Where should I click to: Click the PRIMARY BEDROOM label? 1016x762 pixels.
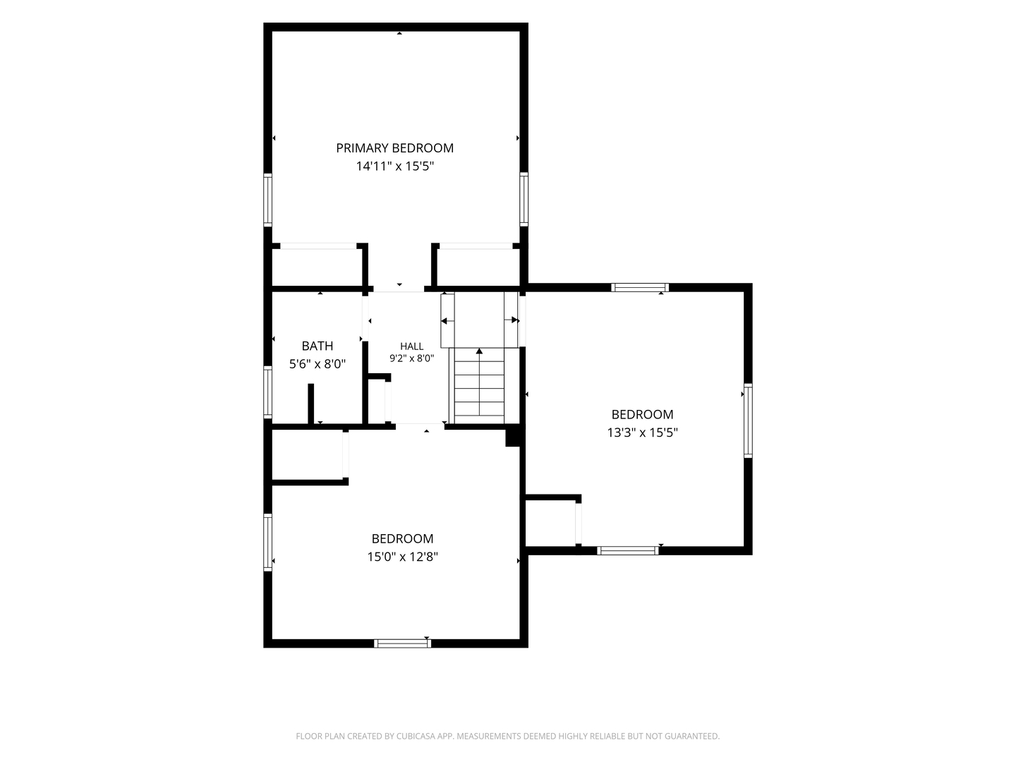(x=394, y=148)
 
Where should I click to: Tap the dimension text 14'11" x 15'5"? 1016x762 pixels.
(x=394, y=166)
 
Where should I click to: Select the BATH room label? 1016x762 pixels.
(x=317, y=346)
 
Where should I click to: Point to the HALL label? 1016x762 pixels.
(x=411, y=346)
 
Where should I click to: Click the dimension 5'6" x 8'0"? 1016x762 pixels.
(x=317, y=364)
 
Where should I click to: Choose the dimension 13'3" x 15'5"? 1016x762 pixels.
(x=642, y=432)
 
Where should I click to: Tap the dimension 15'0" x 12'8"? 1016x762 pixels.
(x=402, y=557)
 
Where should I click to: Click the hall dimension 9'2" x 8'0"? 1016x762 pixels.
(x=411, y=358)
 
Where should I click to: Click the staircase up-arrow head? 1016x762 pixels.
(x=479, y=351)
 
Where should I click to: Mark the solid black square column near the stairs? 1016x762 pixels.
(x=513, y=437)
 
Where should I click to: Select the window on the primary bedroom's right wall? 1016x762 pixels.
(x=524, y=200)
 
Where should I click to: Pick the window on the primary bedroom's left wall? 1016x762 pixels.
(x=267, y=200)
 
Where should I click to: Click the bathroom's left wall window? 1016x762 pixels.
(x=267, y=392)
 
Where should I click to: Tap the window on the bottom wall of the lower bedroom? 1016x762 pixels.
(x=402, y=643)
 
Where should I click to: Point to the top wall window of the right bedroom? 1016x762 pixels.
(x=640, y=287)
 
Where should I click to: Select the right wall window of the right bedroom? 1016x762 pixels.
(x=747, y=421)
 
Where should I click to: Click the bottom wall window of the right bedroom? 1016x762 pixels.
(x=627, y=550)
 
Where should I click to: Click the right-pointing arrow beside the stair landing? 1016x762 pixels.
(x=512, y=320)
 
